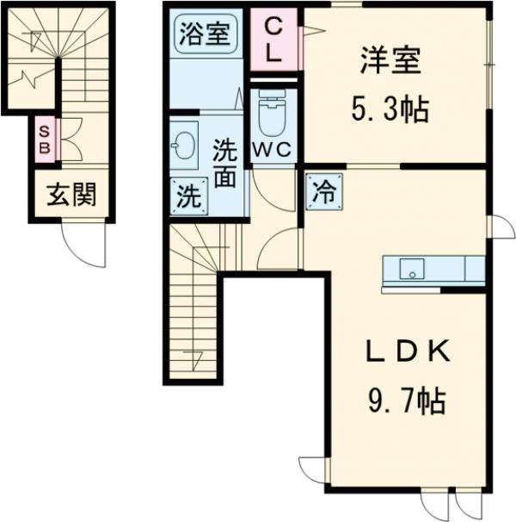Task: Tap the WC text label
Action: click(x=273, y=148)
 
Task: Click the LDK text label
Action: click(x=402, y=352)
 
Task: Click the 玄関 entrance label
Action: click(x=71, y=196)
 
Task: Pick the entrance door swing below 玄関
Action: click(x=86, y=245)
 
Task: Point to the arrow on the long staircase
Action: click(x=191, y=349)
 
